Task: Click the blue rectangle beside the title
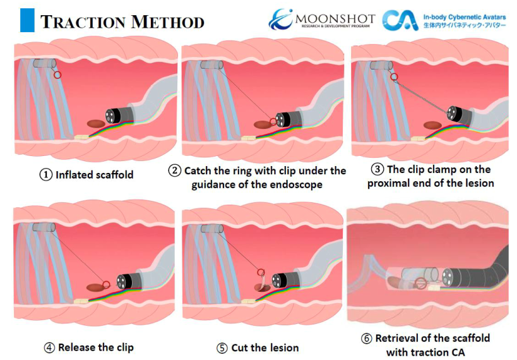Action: tap(27, 20)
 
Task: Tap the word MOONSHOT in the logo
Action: tap(335, 19)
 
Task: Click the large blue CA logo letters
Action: tap(400, 20)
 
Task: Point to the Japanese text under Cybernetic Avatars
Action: tap(464, 25)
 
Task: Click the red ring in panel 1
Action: tap(57, 75)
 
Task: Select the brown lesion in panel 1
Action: tap(96, 124)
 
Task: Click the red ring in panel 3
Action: tap(394, 77)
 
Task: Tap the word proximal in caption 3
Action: tap(388, 183)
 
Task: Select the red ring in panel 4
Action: tap(106, 284)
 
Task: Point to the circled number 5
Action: tap(222, 348)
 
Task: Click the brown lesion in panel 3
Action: tap(432, 126)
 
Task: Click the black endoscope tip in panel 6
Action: tap(449, 277)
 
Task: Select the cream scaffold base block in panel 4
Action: tap(81, 301)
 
